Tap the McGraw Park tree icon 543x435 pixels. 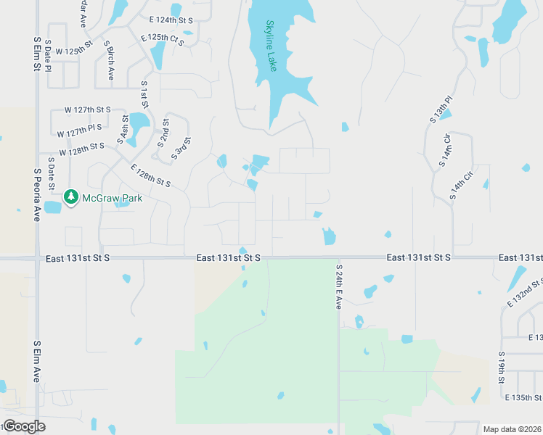point(71,196)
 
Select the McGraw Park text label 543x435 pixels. point(112,197)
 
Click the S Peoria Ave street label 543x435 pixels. point(36,194)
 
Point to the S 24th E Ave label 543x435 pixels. point(338,286)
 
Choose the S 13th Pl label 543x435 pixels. point(441,108)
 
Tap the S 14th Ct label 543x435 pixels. point(457,186)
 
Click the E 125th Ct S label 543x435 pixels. point(163,38)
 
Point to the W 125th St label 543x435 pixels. point(73,49)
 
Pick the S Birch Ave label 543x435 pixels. point(109,59)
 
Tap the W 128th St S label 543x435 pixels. point(82,150)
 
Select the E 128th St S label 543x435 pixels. point(151,176)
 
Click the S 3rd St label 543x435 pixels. point(181,149)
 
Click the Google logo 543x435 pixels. point(25,426)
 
